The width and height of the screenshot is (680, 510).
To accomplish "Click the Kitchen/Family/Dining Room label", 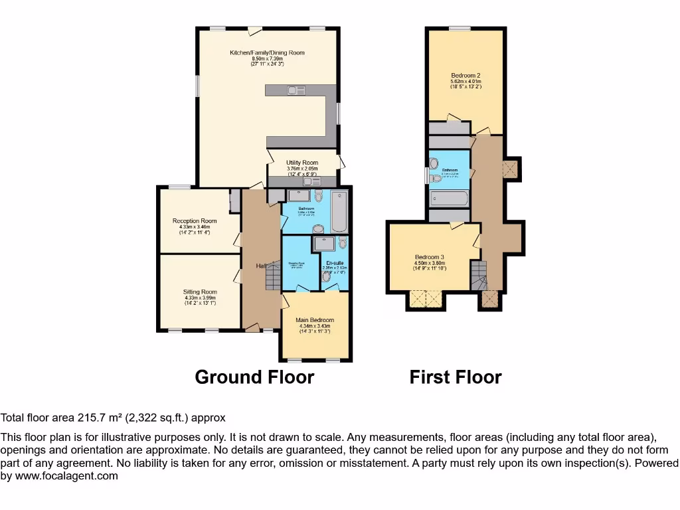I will [x=267, y=52].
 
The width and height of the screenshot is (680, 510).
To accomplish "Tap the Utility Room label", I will [x=302, y=163].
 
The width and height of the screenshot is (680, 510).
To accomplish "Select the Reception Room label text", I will [x=195, y=221].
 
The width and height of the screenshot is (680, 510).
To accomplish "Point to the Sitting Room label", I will [x=200, y=292].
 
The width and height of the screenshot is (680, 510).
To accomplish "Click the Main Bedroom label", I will [x=316, y=320].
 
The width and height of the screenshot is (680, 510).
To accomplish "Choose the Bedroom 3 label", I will [x=430, y=258].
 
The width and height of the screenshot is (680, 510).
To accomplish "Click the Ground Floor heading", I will [x=254, y=377].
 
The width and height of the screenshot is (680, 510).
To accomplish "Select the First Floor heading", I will [x=456, y=377].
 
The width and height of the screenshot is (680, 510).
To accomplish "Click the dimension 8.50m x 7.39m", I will [x=267, y=58].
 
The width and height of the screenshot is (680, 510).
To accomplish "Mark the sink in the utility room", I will [x=311, y=181].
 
